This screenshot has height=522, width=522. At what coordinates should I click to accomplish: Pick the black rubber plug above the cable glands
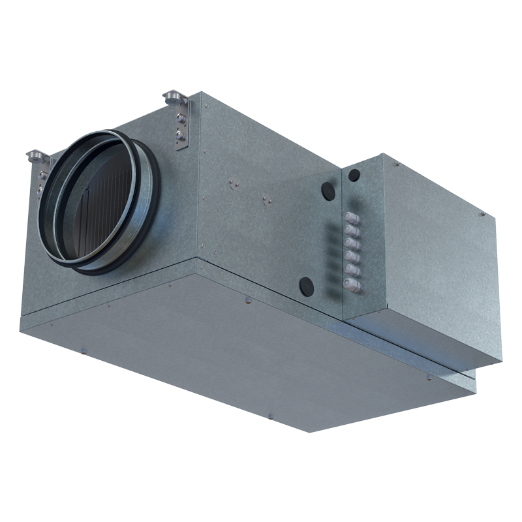click(354, 175)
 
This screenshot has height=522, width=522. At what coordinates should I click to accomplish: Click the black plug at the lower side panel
click(305, 284)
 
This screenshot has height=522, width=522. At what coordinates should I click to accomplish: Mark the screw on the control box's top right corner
click(480, 212)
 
